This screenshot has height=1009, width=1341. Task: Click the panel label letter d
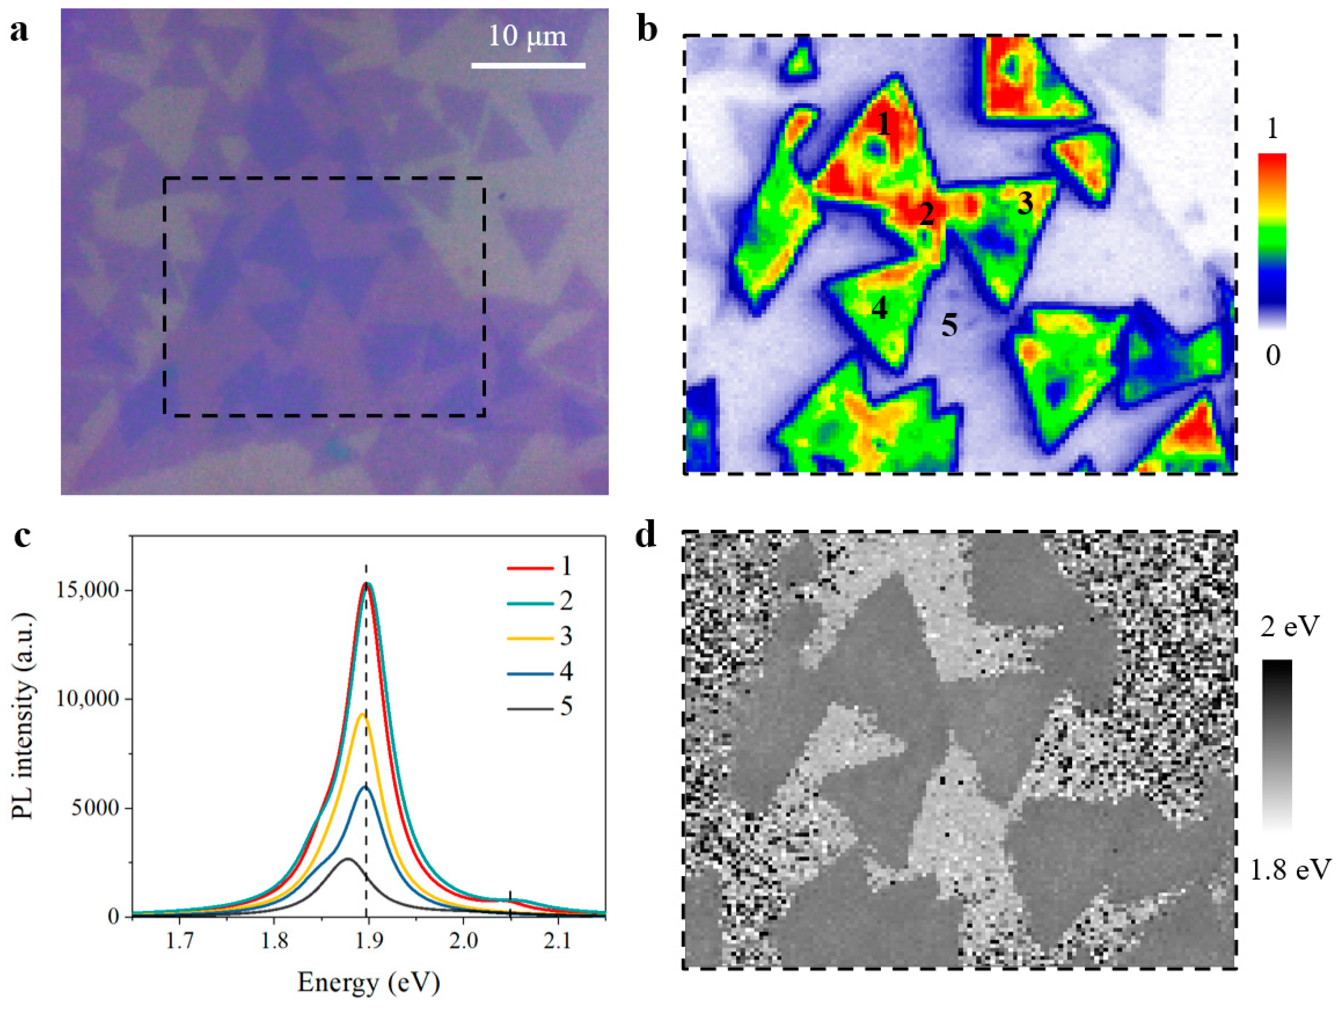646,535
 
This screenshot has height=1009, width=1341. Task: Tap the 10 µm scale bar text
528,37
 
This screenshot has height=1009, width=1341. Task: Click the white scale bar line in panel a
528,65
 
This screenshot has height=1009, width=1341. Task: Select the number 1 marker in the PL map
884,125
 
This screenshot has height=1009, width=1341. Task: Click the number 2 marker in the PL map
926,214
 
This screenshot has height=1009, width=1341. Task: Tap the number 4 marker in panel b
879,308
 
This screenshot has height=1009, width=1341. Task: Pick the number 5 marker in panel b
949,326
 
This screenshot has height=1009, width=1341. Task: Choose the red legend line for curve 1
529,568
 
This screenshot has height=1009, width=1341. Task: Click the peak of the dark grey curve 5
347,859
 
